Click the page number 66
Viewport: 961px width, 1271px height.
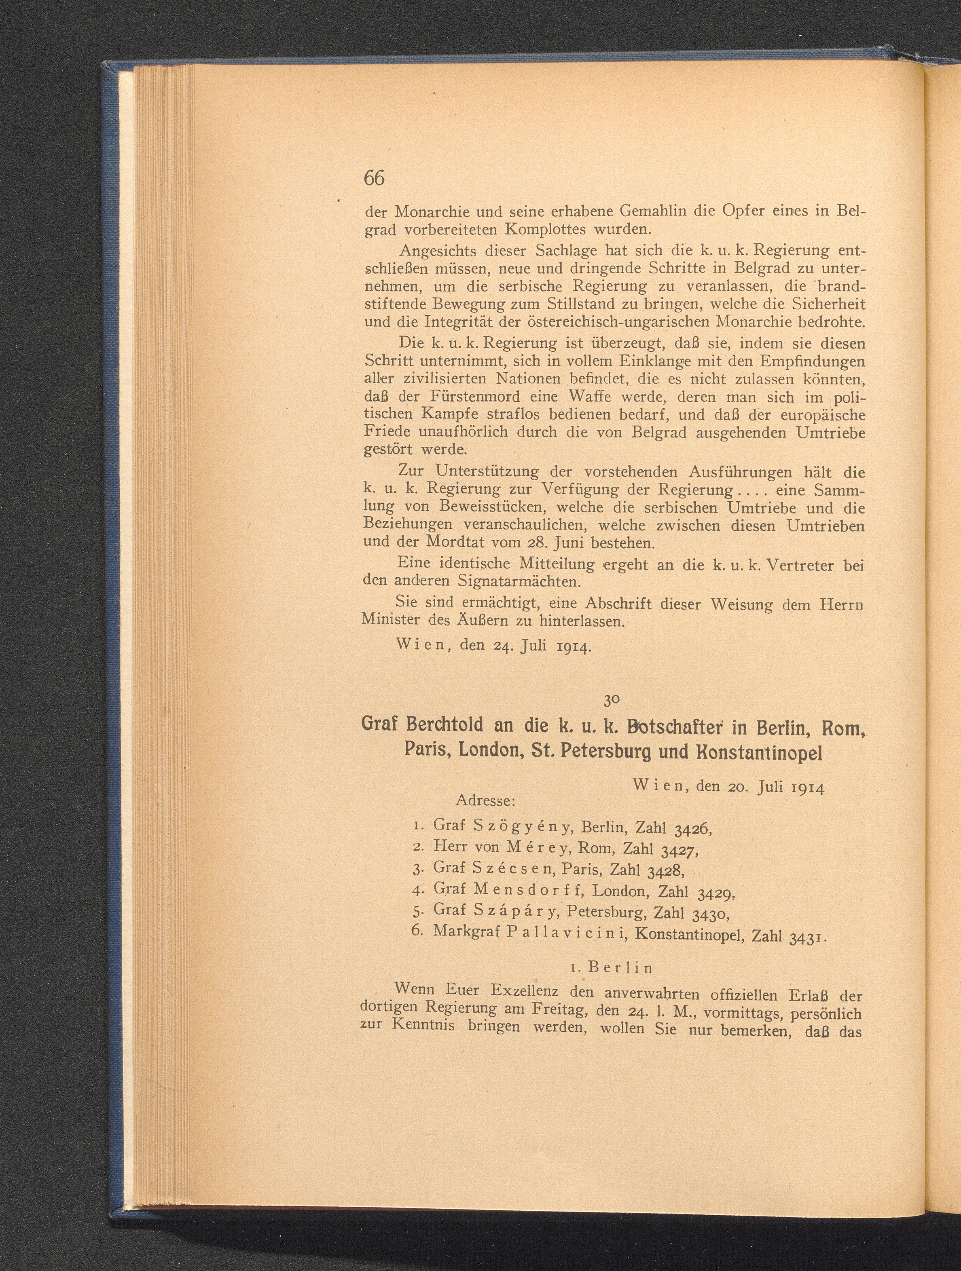[x=374, y=179]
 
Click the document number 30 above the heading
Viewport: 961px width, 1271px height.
[x=610, y=701]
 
